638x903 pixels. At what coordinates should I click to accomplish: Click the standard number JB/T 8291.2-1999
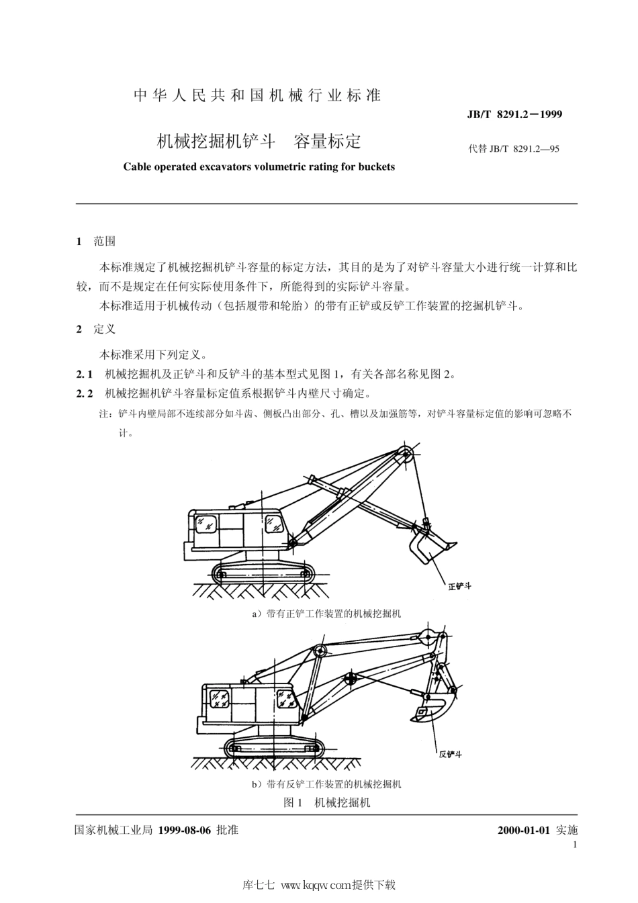[514, 114]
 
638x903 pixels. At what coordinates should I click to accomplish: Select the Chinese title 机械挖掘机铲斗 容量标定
[259, 141]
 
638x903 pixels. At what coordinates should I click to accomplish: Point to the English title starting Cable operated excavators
[259, 167]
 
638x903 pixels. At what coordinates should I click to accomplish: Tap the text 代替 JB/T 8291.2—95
[514, 148]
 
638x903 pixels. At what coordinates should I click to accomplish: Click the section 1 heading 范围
[105, 241]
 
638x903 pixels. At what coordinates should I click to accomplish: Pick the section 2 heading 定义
[105, 329]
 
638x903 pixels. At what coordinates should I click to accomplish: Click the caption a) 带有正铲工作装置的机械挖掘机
[326, 614]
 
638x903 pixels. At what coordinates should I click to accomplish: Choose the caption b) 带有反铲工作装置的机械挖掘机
[326, 783]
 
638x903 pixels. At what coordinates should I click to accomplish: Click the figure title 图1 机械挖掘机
[327, 802]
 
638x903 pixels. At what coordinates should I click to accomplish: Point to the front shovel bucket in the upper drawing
[430, 542]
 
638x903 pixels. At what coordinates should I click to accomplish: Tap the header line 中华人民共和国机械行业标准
[257, 95]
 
